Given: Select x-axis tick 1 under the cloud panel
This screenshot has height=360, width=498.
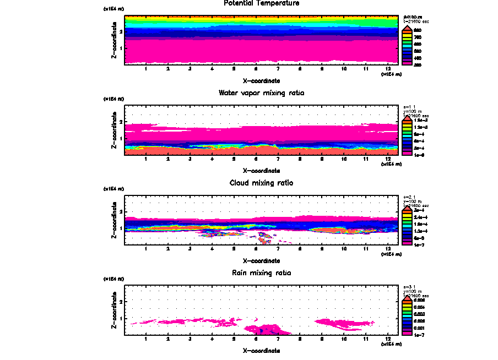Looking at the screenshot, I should (x=145, y=249).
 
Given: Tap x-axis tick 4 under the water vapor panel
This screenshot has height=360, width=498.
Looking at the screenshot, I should (x=212, y=159).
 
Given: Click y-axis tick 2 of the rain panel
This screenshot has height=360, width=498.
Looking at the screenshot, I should (x=121, y=302).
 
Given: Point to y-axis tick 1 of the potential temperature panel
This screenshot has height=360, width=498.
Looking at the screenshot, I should (x=121, y=48).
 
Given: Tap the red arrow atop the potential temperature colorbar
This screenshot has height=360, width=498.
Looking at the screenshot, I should (x=407, y=28).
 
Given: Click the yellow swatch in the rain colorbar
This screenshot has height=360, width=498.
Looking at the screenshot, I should (x=407, y=307).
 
